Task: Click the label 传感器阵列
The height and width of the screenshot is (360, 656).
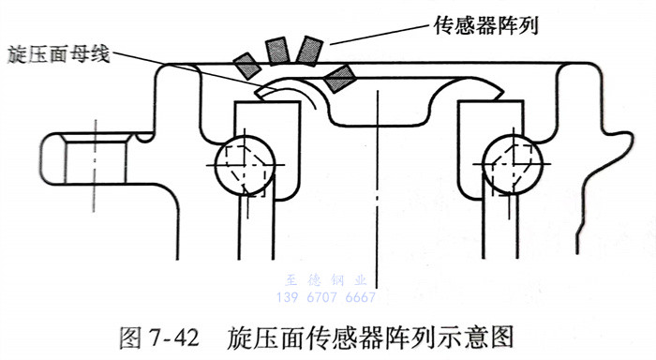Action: [485, 26]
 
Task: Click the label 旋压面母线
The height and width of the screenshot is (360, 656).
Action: [58, 54]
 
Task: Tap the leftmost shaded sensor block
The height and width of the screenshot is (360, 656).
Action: [247, 66]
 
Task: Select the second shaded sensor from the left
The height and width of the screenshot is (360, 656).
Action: [277, 51]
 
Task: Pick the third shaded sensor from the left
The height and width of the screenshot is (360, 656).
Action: [309, 52]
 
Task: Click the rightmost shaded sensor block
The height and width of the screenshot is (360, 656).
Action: [340, 78]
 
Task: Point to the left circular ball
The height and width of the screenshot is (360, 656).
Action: [246, 164]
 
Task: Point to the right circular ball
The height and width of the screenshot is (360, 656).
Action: [512, 164]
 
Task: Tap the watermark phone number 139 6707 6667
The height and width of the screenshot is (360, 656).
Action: [326, 297]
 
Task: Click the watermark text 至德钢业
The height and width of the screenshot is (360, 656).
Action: [326, 279]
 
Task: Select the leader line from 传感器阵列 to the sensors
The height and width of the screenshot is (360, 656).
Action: [380, 33]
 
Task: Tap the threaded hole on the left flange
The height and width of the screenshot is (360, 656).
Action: [96, 158]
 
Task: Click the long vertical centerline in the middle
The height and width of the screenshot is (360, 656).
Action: [378, 189]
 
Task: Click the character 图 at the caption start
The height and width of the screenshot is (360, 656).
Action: [130, 337]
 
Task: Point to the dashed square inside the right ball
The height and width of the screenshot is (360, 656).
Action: [512, 171]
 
